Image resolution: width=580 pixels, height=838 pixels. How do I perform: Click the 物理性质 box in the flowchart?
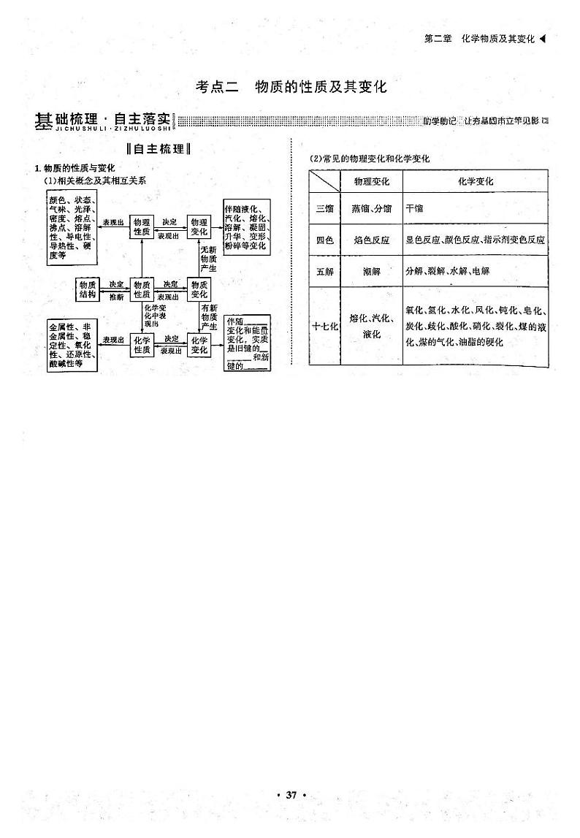coord(142,226)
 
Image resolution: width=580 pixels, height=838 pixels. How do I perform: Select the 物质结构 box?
coord(88,289)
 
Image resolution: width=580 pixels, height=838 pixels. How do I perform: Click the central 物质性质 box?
coord(142,289)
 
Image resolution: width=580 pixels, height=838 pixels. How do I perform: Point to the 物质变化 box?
coord(199,289)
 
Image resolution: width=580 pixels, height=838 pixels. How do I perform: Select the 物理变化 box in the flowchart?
coord(199,226)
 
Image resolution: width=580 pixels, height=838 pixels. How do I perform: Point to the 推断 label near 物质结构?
coord(116,297)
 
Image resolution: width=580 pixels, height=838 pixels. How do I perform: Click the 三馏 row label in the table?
coord(324,208)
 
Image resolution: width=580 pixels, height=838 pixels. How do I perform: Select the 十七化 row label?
coord(324,327)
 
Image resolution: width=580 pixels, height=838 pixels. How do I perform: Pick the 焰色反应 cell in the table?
coord(372,240)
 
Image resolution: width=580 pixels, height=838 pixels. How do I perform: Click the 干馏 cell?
coord(414,208)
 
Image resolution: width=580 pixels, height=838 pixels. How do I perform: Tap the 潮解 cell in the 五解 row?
coord(372,271)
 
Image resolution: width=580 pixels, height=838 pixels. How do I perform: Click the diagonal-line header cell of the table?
coord(324,180)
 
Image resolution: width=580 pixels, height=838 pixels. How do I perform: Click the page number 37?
coord(291,794)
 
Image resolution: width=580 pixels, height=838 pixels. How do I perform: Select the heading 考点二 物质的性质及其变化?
coord(291,87)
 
